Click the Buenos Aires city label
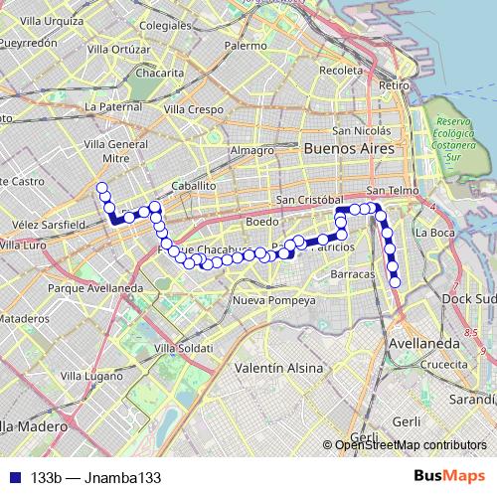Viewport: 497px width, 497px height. (x=342, y=147)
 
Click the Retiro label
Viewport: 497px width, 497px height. (x=395, y=86)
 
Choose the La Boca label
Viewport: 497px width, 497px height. (x=434, y=233)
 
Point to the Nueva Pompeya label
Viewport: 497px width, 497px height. (x=272, y=299)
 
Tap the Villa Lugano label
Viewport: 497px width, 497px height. (x=92, y=377)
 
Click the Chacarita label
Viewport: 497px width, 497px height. (x=160, y=73)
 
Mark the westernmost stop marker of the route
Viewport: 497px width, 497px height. (x=100, y=187)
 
